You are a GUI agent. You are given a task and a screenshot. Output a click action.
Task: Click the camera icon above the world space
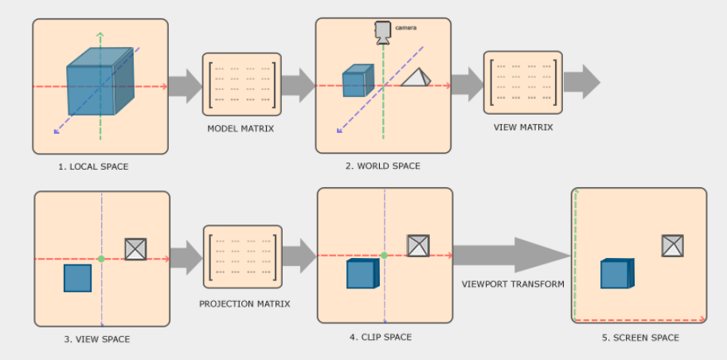[x=383, y=31]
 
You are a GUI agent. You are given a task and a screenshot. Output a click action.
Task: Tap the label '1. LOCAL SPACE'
[x=93, y=167]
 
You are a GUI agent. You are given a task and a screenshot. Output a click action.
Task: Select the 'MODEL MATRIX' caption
[x=240, y=128]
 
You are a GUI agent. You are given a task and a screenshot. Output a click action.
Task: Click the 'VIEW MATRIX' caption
[x=522, y=127]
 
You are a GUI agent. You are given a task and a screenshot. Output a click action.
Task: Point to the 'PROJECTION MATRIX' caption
[x=244, y=303]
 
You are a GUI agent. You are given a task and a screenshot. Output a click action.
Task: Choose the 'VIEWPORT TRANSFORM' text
[x=514, y=284]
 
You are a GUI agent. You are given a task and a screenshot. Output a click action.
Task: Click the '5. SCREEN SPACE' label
[x=640, y=338]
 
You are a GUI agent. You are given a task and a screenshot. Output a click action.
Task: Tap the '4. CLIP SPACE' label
[x=381, y=337]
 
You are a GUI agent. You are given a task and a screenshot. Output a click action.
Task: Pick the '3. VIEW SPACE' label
[x=97, y=339]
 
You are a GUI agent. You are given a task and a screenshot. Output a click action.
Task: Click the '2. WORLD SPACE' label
[x=383, y=166]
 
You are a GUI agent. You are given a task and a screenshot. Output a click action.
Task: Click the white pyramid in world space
[x=416, y=77]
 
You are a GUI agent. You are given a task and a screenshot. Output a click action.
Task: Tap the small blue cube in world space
[x=354, y=83]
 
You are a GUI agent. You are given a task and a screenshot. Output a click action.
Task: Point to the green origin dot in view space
[x=101, y=259]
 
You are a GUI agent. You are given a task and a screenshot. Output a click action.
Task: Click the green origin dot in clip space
[x=384, y=256]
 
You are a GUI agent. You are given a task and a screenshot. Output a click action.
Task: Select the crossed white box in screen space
[x=673, y=245]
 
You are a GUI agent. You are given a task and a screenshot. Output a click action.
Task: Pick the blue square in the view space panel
[x=77, y=278]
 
